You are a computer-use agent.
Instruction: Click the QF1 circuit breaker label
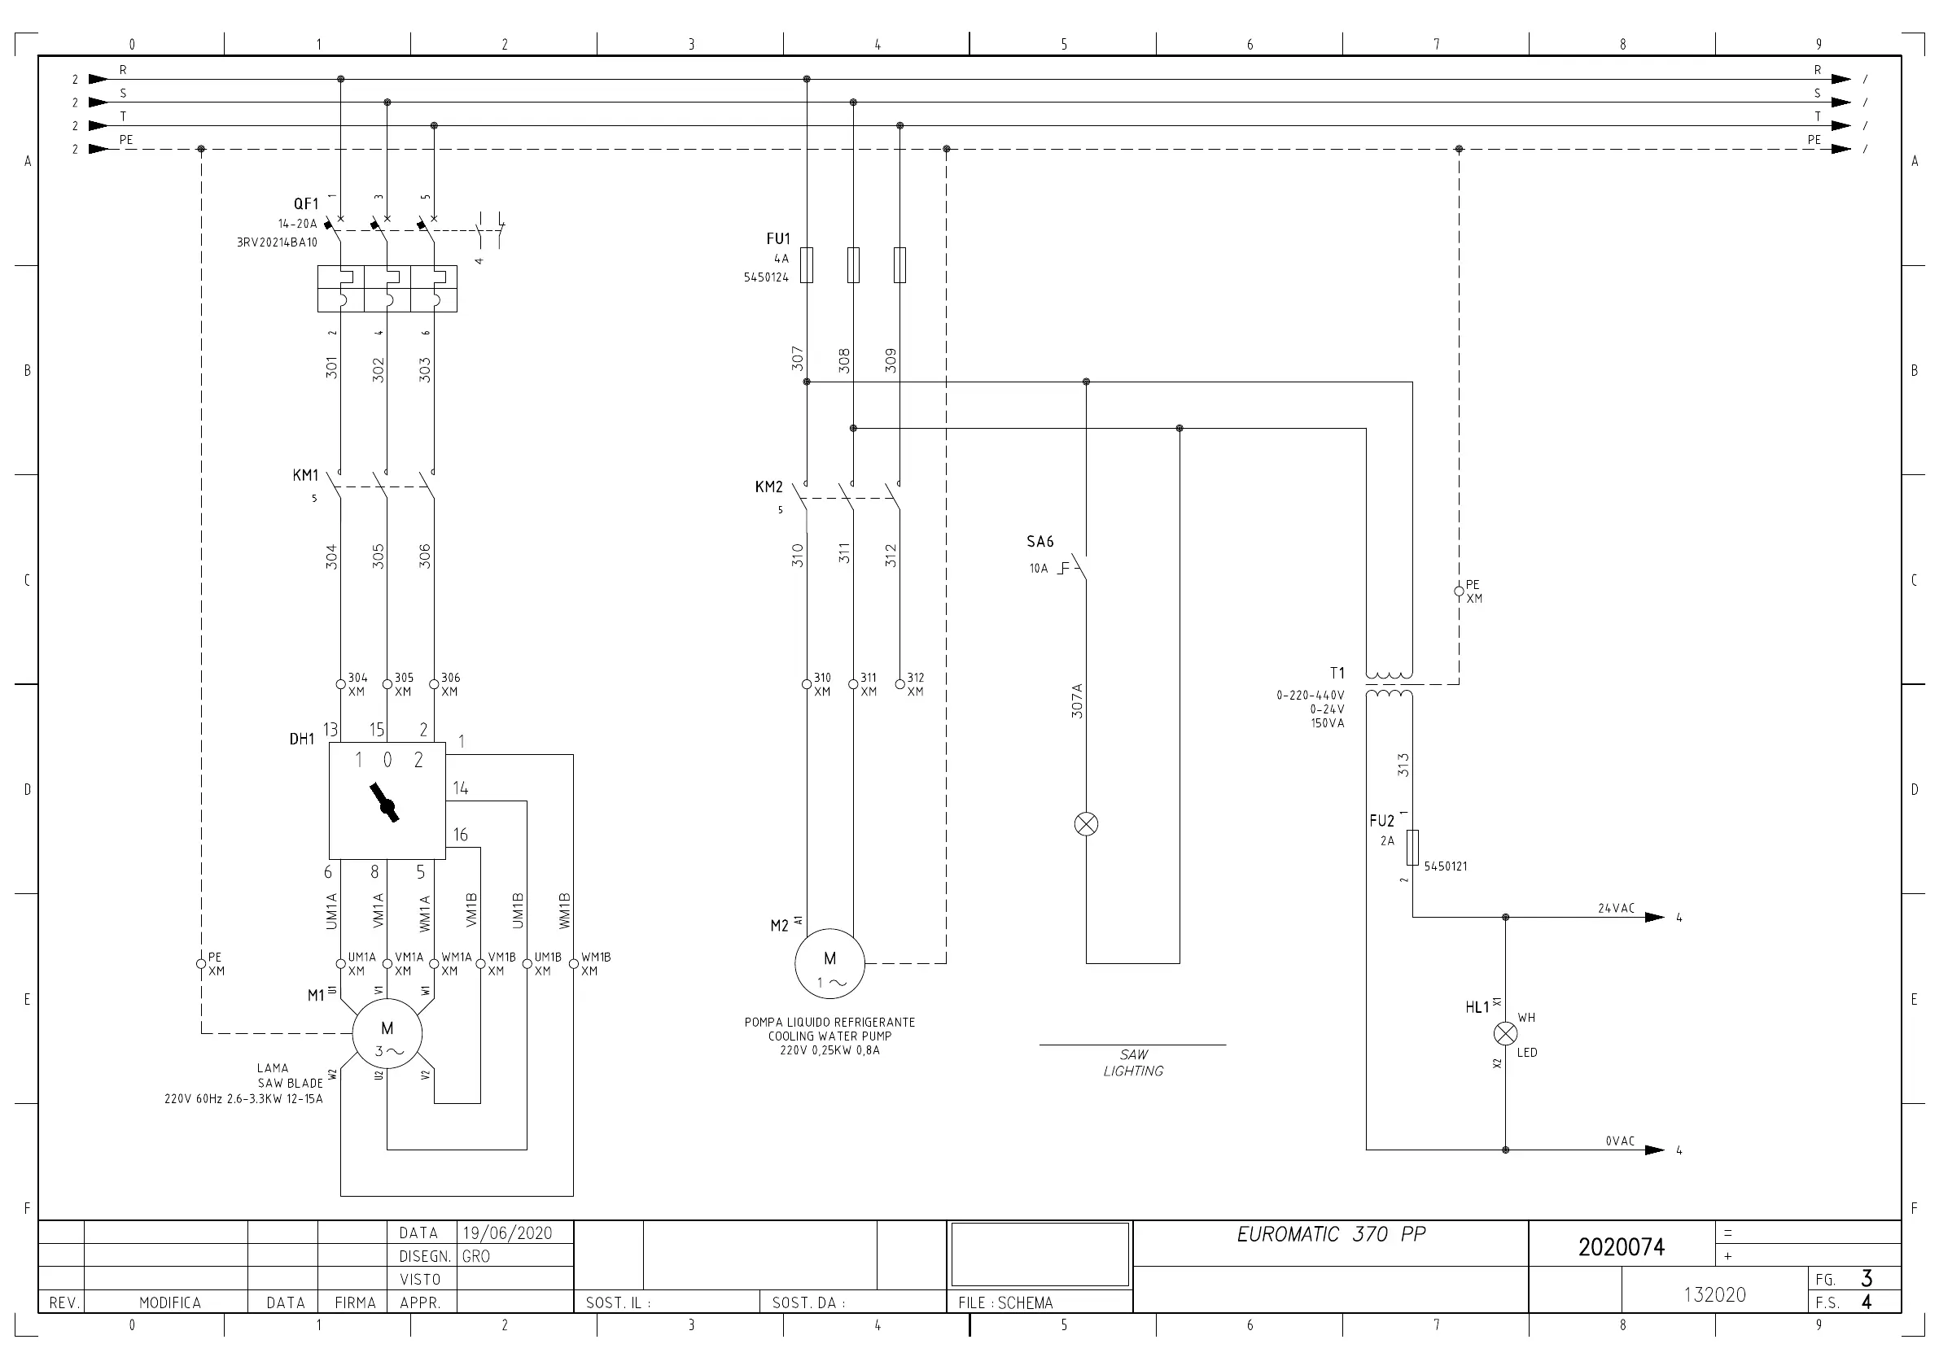pos(306,203)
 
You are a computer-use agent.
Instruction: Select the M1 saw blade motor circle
pos(387,1033)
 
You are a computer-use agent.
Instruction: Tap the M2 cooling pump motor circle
pos(829,964)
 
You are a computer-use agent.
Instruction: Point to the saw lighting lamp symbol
pos(1086,824)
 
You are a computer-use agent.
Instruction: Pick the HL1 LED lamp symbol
pos(1505,1033)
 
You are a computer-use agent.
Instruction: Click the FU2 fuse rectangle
pos(1412,848)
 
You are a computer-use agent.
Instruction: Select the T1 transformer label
pos(1337,673)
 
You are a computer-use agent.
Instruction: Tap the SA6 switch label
pos(1040,541)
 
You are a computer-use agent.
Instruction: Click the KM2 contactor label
pos(768,486)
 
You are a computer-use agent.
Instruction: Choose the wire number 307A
pos(1077,700)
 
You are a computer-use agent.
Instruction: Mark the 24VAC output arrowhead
pos(1654,917)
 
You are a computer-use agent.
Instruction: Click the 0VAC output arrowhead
pos(1654,1150)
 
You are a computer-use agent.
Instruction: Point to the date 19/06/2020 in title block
pos(506,1233)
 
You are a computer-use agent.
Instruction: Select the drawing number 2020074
pos(1622,1247)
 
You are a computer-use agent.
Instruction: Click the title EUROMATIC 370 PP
pos(1331,1234)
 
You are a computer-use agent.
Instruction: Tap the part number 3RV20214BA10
pos(277,242)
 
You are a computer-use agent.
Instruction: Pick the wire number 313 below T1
pos(1403,765)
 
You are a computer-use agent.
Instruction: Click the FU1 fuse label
pos(777,239)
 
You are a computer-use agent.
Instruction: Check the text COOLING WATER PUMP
pos(829,1036)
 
